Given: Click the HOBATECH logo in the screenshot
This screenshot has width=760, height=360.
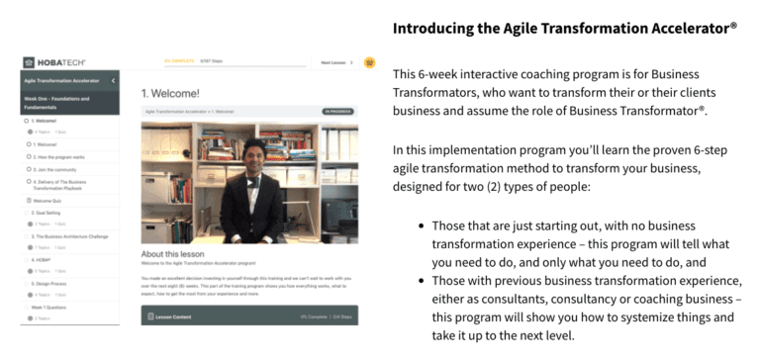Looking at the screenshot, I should coord(48,62).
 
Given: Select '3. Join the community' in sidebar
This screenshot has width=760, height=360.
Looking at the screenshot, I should coord(58,169).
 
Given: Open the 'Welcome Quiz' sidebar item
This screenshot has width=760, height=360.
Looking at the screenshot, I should coord(50,202).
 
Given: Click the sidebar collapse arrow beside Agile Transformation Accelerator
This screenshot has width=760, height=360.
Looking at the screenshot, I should coord(113,79).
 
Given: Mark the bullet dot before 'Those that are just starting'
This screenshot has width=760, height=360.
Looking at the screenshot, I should coord(424,226).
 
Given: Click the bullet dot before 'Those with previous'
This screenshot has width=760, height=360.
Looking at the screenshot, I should coord(424,281).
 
